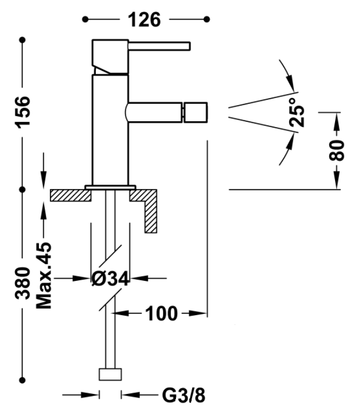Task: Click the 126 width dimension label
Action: coord(144,20)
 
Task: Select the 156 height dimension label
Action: coord(23,112)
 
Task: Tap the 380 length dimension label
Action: coord(23,283)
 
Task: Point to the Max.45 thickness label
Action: coord(44,275)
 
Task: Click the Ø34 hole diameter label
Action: coord(110,279)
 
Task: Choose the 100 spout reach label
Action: coord(161,313)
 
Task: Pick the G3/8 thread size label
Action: coord(183,395)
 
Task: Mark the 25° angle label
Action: coord(297,113)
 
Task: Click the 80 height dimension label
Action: coord(337,150)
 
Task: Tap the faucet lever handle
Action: coord(159,46)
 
